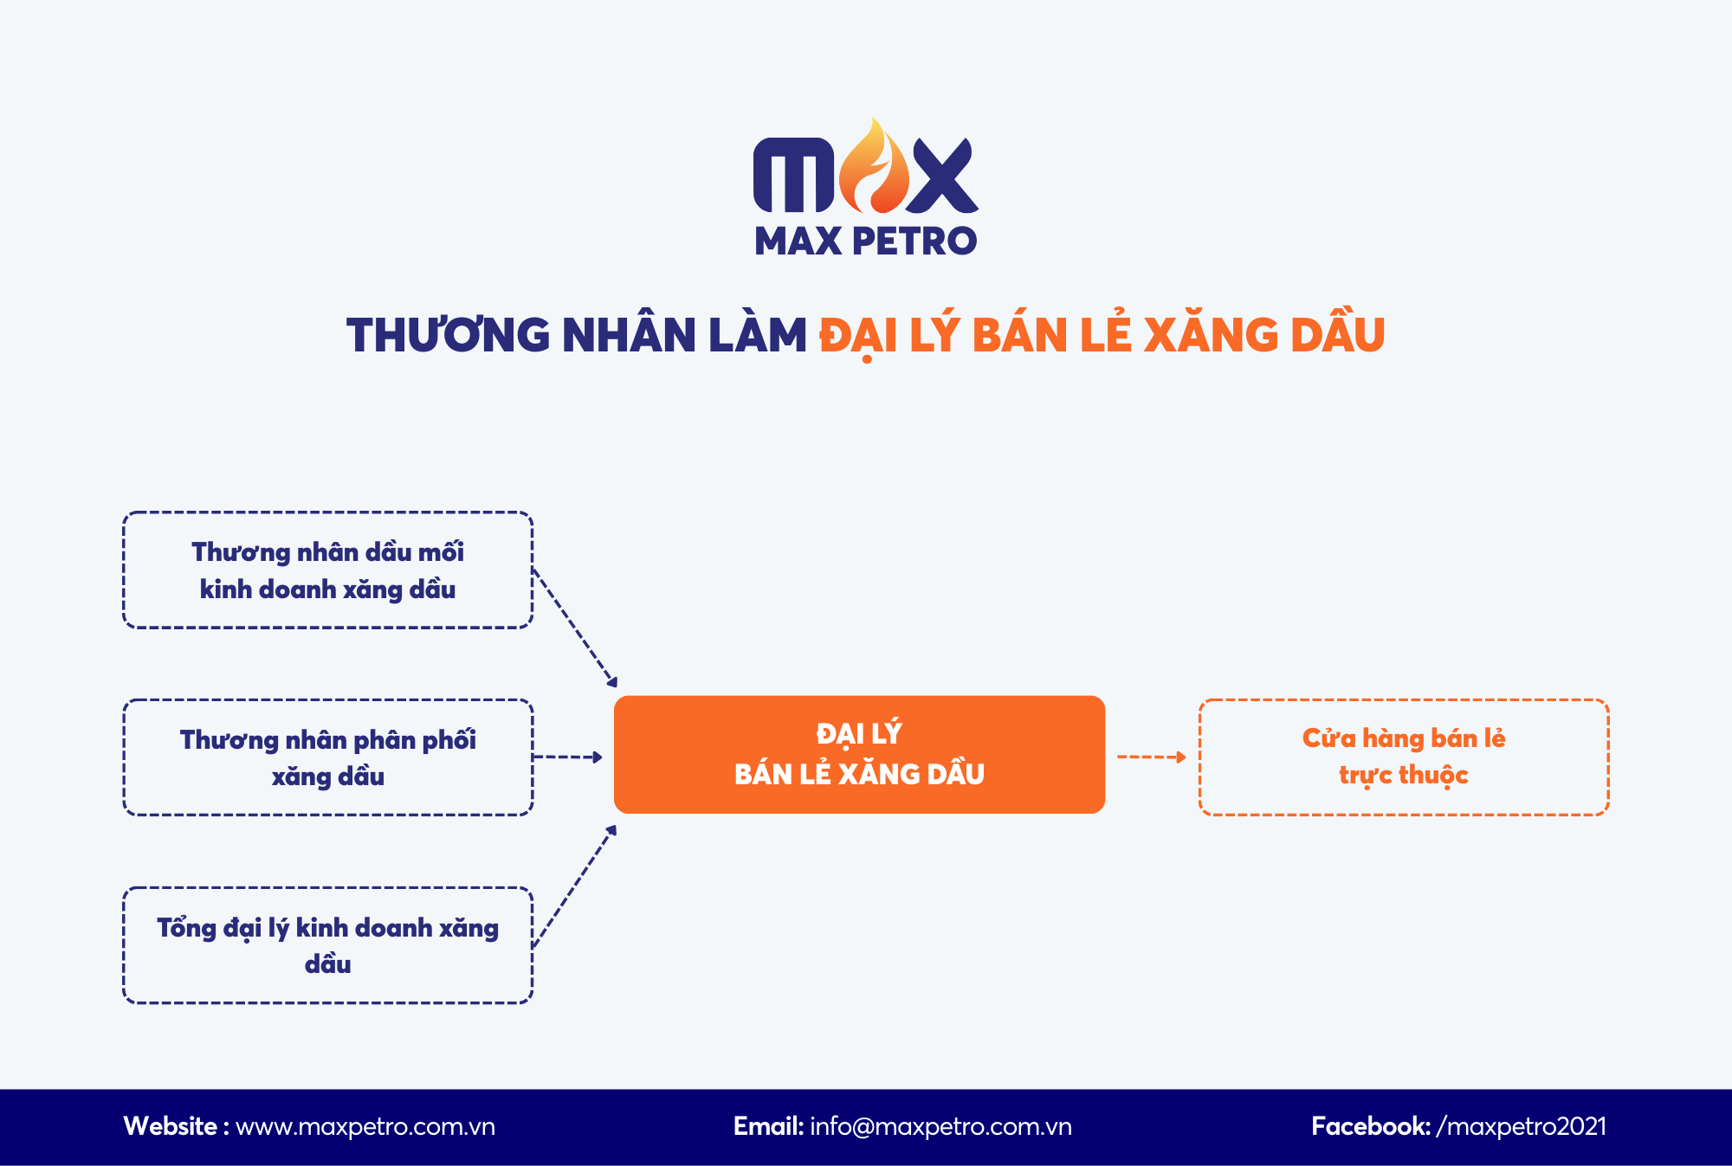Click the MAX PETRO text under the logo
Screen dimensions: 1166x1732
tap(865, 242)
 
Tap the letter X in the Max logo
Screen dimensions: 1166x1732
tap(942, 177)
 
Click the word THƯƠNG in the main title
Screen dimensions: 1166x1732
tap(448, 336)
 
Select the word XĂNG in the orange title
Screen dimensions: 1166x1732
tap(1210, 336)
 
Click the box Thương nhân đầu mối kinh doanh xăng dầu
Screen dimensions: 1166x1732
tap(327, 570)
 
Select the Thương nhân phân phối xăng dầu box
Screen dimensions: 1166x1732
tap(327, 757)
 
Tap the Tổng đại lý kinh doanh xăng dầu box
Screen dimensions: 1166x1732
tap(327, 945)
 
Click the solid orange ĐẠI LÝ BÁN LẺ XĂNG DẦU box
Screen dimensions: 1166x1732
tap(859, 755)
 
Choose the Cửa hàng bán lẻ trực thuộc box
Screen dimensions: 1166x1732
tap(1404, 757)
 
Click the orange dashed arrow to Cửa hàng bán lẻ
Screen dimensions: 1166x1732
tap(1151, 757)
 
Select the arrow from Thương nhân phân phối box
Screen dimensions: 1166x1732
tap(567, 757)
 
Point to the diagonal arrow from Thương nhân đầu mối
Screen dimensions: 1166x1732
tap(574, 628)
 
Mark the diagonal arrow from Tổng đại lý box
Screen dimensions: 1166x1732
tap(574, 886)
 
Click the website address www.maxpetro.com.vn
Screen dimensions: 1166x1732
tap(365, 1127)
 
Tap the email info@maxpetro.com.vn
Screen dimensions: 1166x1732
tap(940, 1127)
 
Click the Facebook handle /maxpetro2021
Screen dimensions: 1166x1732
tap(1521, 1127)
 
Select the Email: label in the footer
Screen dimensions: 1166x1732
tap(768, 1127)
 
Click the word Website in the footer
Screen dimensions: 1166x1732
tap(171, 1127)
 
